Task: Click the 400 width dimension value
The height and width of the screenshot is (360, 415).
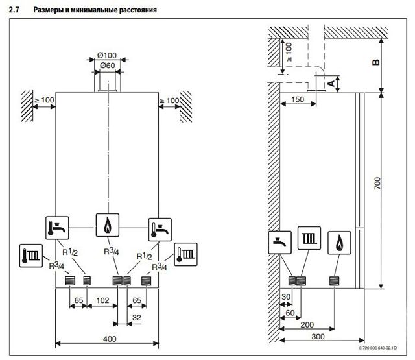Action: tap(110, 339)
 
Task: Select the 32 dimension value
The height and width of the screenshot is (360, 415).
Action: tap(136, 318)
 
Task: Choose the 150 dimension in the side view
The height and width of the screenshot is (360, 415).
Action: tap(297, 99)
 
